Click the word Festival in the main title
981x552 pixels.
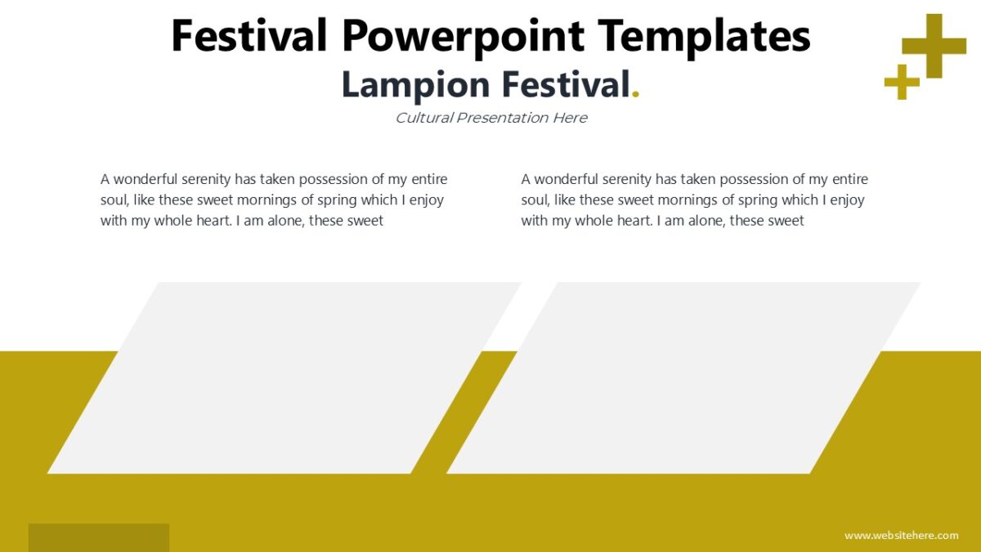(x=249, y=36)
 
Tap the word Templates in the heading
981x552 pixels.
(x=704, y=36)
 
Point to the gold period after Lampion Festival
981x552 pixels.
(x=636, y=95)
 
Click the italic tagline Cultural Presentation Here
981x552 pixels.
(x=490, y=118)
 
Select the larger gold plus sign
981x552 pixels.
(x=934, y=46)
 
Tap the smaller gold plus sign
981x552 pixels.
(x=902, y=82)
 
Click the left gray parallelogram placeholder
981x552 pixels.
(x=284, y=378)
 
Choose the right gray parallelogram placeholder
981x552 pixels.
(x=683, y=378)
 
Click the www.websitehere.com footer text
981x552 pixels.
(x=901, y=536)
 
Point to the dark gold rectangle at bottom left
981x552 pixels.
(x=98, y=537)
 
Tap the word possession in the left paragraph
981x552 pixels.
(x=331, y=179)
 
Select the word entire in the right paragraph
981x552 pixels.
(x=848, y=179)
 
